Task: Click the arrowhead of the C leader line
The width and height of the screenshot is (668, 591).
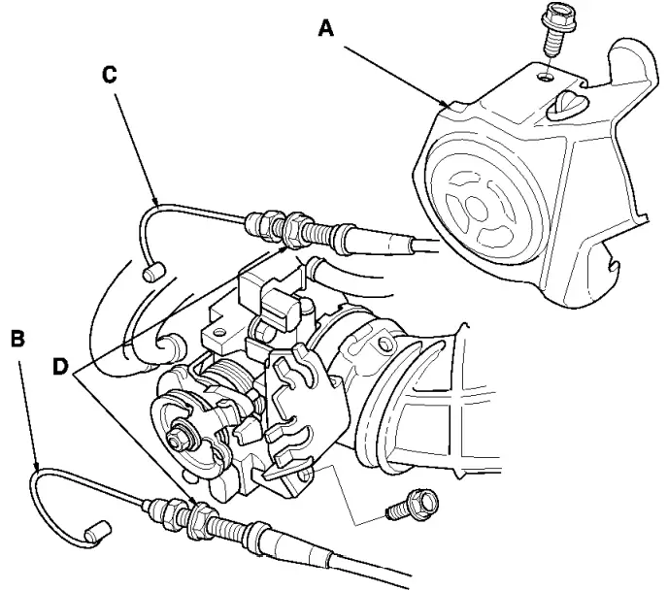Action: (x=157, y=205)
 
